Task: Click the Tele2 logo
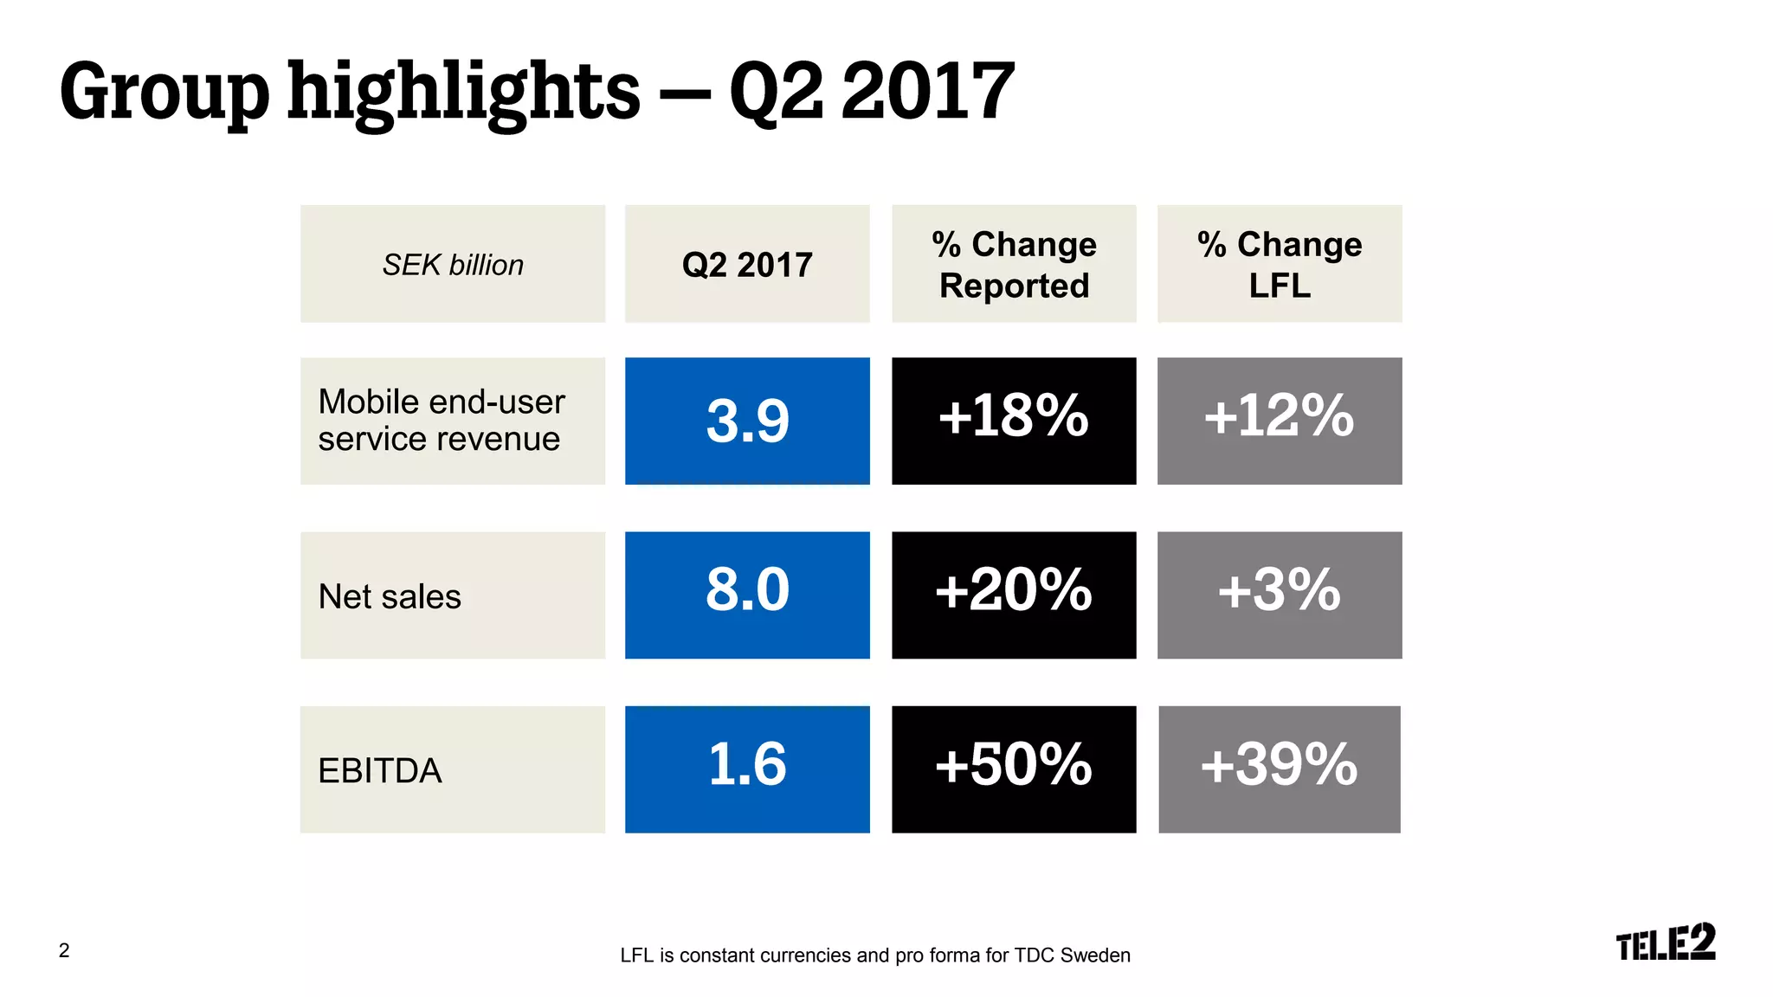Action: click(x=1665, y=942)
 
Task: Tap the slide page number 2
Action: click(x=64, y=950)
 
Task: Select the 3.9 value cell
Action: click(x=747, y=421)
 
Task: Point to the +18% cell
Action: click(x=1014, y=421)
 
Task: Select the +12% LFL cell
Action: click(x=1280, y=421)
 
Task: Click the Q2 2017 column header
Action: click(x=747, y=264)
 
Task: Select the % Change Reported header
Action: click(x=1014, y=264)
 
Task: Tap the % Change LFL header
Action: click(x=1280, y=264)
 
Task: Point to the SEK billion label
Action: click(x=453, y=265)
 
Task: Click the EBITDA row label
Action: click(x=380, y=770)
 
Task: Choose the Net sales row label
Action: click(x=390, y=596)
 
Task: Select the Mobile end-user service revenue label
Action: click(x=442, y=421)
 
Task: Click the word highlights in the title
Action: click(x=463, y=92)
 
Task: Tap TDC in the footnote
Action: click(x=1034, y=955)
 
